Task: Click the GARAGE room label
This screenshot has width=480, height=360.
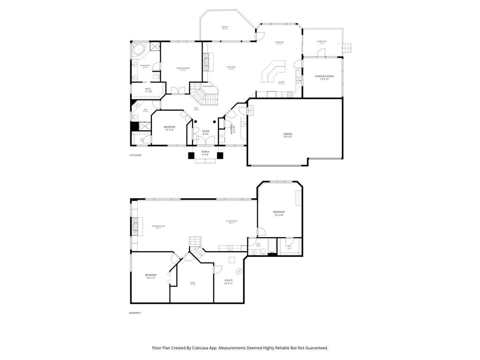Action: pos(288,135)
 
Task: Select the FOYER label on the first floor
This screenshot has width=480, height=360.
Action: pos(206,133)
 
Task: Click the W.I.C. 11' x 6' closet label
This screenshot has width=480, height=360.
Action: pos(148,90)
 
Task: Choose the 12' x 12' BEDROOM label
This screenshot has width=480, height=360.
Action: pos(170,128)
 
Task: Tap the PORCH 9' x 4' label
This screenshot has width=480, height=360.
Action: pos(205,153)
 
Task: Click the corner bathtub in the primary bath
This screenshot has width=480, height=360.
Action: pos(138,48)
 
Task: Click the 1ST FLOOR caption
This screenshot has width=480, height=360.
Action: pos(135,155)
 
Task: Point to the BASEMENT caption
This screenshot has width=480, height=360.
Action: pos(135,313)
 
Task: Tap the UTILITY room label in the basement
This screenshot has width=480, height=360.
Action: pos(228,282)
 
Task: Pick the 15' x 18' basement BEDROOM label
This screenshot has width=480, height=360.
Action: pos(279,214)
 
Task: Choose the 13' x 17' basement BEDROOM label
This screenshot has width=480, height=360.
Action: pos(150,276)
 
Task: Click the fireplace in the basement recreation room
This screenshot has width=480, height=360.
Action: pos(135,226)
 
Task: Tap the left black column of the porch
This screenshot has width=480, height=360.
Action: pos(191,156)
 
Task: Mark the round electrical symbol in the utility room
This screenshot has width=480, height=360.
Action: pos(239,270)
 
